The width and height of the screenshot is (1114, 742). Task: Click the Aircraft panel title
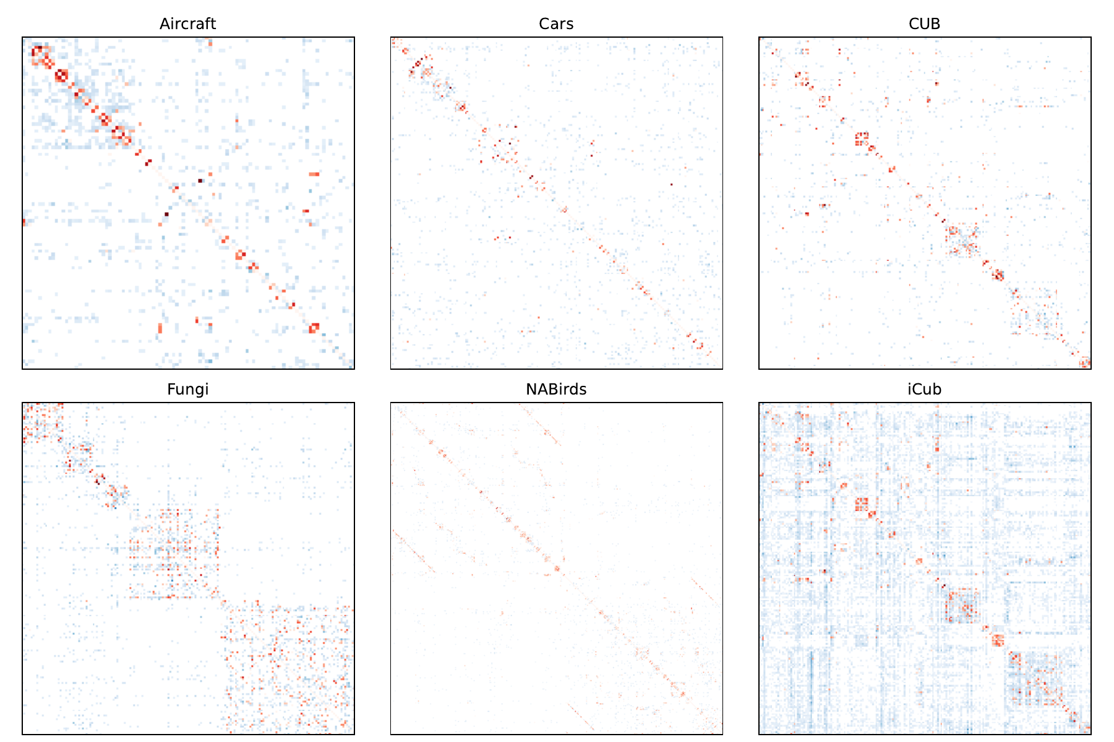[x=187, y=23]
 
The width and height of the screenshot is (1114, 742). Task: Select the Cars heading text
[x=556, y=23]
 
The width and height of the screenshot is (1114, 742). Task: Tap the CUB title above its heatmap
[x=924, y=23]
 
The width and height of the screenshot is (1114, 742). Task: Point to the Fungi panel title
[x=187, y=389]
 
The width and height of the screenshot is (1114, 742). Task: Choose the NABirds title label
[x=556, y=389]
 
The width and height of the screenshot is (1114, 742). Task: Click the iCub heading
[x=924, y=389]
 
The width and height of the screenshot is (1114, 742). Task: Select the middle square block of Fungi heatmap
[x=174, y=553]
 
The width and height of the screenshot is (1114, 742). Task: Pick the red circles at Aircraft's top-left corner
[x=41, y=55]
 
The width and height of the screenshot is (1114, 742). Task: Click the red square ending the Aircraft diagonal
[x=314, y=328]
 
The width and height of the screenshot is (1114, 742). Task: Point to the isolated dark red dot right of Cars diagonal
[x=671, y=184]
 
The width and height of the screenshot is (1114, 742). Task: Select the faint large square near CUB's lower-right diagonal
[x=1035, y=312]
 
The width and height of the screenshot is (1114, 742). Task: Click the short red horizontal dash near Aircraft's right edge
[x=314, y=174]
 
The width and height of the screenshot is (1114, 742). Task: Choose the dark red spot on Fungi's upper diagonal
[x=98, y=479]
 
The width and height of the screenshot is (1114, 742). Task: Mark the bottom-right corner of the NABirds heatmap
[x=722, y=734]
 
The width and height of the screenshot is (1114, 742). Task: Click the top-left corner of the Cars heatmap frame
[x=391, y=38]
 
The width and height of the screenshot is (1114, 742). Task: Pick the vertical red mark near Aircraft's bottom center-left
[x=160, y=328]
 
